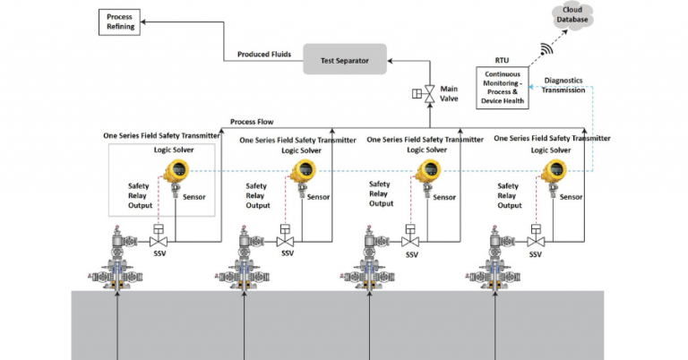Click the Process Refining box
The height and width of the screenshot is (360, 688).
pyautogui.click(x=119, y=22)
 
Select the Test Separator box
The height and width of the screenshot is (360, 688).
pyautogui.click(x=345, y=61)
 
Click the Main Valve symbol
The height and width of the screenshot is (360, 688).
pyautogui.click(x=429, y=93)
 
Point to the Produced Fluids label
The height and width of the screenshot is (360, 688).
pyautogui.click(x=264, y=54)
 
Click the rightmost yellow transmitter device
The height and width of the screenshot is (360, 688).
pyautogui.click(x=554, y=173)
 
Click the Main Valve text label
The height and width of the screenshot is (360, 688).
pyautogui.click(x=450, y=93)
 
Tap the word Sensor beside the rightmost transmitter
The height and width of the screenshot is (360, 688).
pyautogui.click(x=571, y=196)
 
